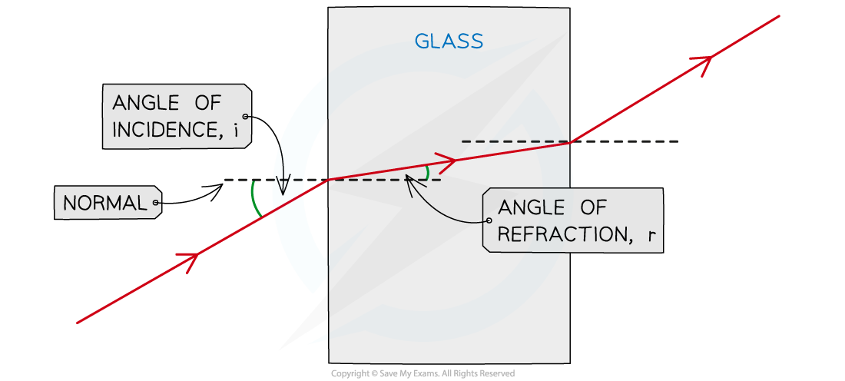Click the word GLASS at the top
click(x=449, y=41)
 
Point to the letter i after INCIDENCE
click(x=237, y=130)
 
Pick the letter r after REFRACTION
click(x=651, y=236)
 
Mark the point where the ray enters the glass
click(x=330, y=180)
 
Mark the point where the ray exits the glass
click(x=569, y=141)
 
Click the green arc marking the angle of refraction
click(x=427, y=173)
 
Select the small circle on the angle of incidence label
click(x=245, y=116)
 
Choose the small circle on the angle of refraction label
click(x=489, y=220)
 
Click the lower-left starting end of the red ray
click(x=78, y=323)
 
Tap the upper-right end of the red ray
click(x=779, y=15)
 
